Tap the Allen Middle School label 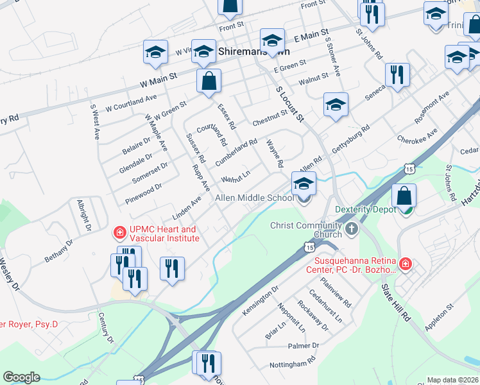253,198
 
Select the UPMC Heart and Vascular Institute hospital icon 119,231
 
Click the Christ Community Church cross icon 351,228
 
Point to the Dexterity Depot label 366,210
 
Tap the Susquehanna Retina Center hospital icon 405,264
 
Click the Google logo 21,377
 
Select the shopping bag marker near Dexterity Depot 404,196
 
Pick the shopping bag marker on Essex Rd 209,81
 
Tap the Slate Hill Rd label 396,302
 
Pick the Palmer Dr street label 303,346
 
